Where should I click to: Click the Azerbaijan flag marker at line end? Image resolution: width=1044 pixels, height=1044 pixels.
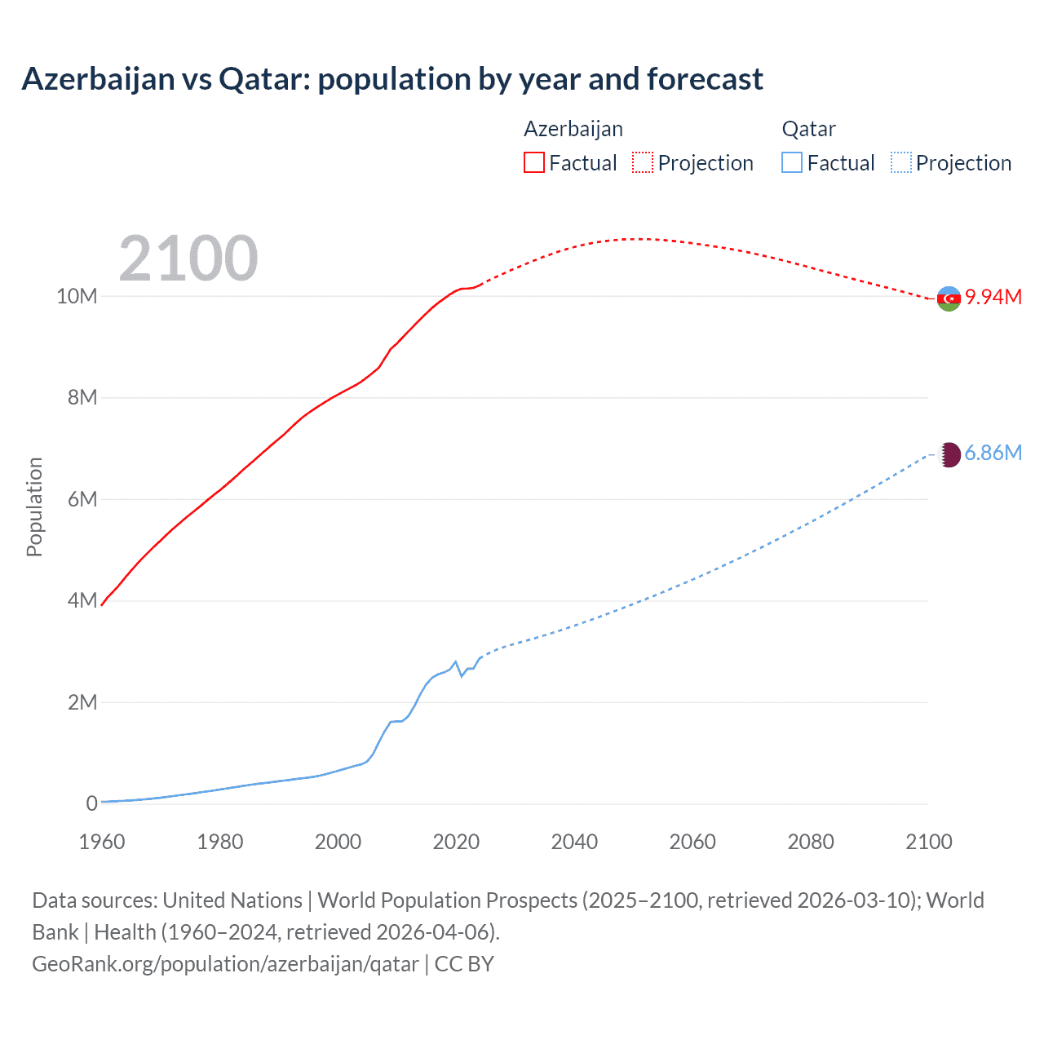pyautogui.click(x=949, y=299)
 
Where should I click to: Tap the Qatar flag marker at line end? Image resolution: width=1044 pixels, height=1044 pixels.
pyautogui.click(x=949, y=454)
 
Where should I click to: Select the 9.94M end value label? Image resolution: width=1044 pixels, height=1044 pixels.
pyautogui.click(x=993, y=297)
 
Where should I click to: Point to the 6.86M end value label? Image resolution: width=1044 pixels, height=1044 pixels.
pyautogui.click(x=993, y=453)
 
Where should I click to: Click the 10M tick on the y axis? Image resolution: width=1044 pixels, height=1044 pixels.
pyautogui.click(x=77, y=296)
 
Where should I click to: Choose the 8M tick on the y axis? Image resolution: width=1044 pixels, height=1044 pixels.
pyautogui.click(x=82, y=398)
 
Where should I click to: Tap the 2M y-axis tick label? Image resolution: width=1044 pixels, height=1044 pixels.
pyautogui.click(x=82, y=702)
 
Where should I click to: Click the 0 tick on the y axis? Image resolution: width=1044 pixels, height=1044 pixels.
pyautogui.click(x=91, y=803)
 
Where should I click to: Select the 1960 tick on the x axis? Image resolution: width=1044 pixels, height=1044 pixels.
pyautogui.click(x=102, y=842)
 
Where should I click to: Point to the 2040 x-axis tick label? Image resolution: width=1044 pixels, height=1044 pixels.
pyautogui.click(x=574, y=842)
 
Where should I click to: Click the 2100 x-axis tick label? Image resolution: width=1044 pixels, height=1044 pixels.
pyautogui.click(x=928, y=842)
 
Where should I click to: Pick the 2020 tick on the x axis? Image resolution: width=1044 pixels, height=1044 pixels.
pyautogui.click(x=456, y=842)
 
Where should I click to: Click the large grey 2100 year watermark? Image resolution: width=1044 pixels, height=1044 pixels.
pyautogui.click(x=188, y=259)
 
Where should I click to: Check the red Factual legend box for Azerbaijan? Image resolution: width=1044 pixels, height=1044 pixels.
pyautogui.click(x=534, y=163)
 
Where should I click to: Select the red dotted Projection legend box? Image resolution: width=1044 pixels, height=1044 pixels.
pyautogui.click(x=643, y=163)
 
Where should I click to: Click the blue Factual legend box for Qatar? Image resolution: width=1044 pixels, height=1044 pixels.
pyautogui.click(x=792, y=163)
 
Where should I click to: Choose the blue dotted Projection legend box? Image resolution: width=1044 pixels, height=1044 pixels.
pyautogui.click(x=900, y=163)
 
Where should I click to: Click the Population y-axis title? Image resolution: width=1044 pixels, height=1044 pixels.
pyautogui.click(x=34, y=507)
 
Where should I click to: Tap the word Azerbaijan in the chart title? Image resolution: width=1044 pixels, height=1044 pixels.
pyautogui.click(x=98, y=79)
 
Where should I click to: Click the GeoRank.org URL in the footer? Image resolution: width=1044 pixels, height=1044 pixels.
pyautogui.click(x=225, y=964)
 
